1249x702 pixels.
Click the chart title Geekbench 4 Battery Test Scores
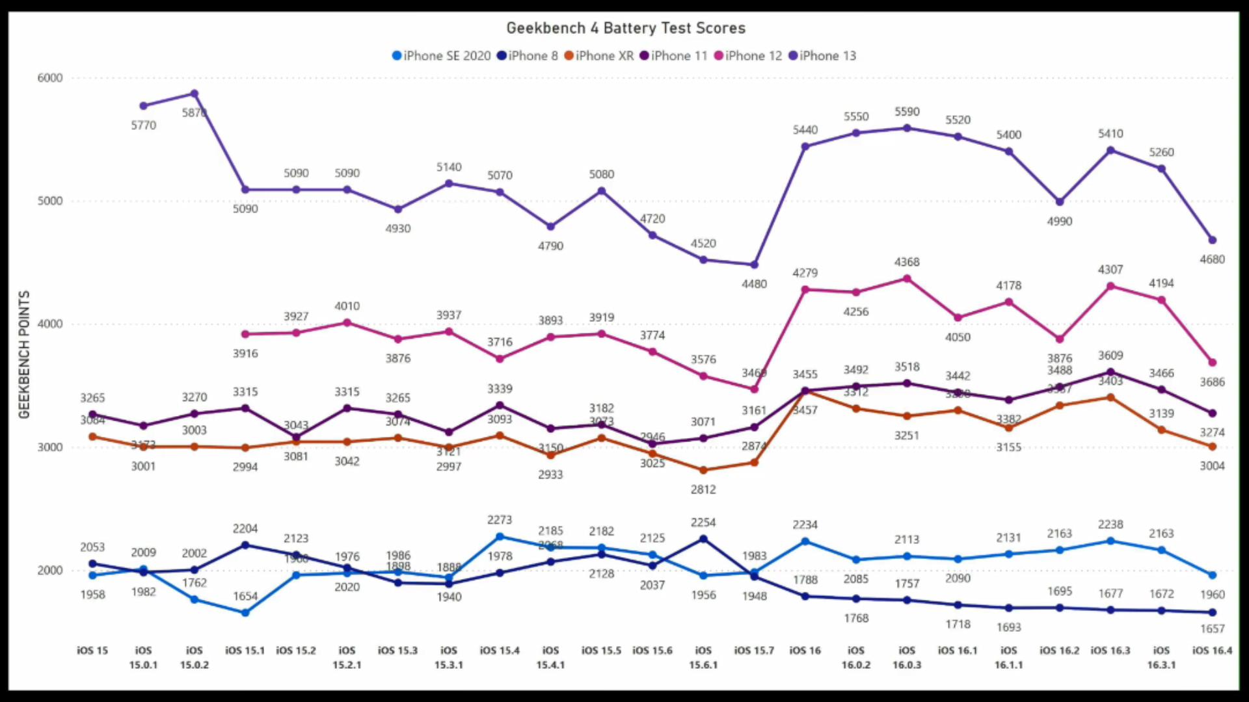pos(626,28)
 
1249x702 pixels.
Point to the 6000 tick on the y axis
pos(50,78)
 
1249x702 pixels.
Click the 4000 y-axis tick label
pos(50,324)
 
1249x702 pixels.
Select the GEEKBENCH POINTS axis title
pos(25,354)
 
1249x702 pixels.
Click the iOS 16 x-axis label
pos(805,651)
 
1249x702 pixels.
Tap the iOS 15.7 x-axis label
pos(754,651)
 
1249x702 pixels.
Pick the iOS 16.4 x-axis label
pos(1212,651)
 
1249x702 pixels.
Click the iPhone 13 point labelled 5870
pos(194,94)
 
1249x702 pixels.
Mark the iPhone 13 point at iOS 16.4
pos(1212,240)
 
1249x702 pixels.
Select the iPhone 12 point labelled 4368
pos(907,279)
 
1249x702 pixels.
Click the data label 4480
pos(754,284)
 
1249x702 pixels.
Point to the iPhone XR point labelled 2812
pos(703,470)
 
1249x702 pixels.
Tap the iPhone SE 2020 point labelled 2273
pos(500,537)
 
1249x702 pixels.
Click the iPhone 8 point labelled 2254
pos(703,539)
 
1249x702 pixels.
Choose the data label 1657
pos(1212,629)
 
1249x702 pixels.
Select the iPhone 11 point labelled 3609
pos(1110,372)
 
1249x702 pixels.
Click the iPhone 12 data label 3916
pos(245,354)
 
